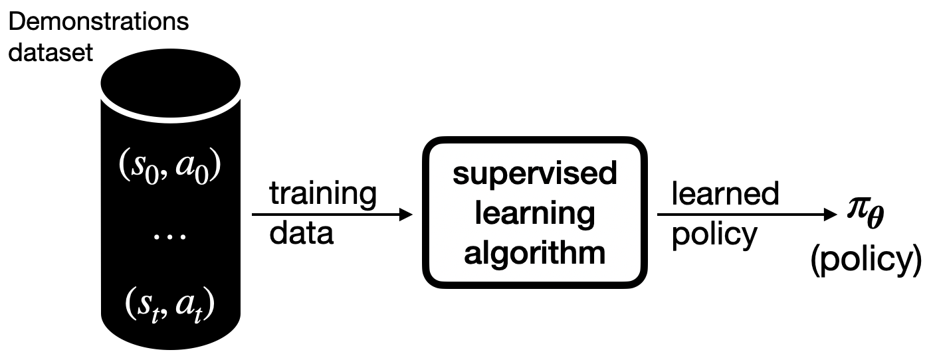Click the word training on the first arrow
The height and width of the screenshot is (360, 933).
point(322,195)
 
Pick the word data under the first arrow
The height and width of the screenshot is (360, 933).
point(300,234)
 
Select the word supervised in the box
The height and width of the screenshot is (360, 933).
point(534,175)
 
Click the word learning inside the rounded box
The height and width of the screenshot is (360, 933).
point(534,214)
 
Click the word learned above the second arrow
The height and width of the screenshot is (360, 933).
point(725,194)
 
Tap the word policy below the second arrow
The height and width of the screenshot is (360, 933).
point(714,236)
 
